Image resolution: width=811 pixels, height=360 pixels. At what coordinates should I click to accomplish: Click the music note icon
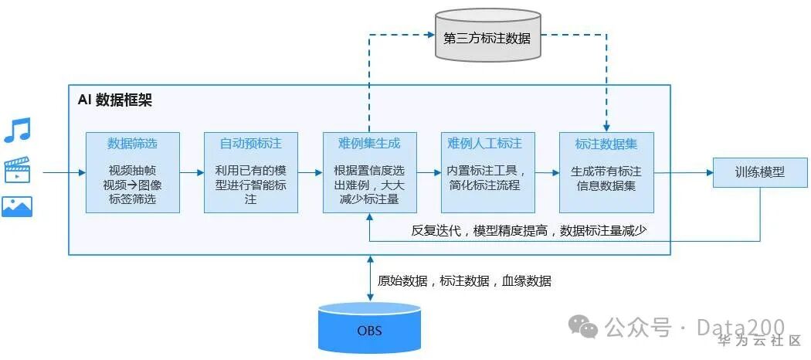pyautogui.click(x=17, y=130)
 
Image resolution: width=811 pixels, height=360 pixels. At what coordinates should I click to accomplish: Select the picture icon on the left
pyautogui.click(x=17, y=206)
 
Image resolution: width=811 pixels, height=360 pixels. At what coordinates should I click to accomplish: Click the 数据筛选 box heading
pyautogui.click(x=132, y=144)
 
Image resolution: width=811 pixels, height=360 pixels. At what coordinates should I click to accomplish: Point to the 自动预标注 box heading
pyautogui.click(x=250, y=144)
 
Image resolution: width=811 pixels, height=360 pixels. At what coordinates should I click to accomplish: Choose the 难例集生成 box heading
pyautogui.click(x=369, y=144)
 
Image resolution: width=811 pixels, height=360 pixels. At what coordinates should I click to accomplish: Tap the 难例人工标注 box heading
pyautogui.click(x=487, y=144)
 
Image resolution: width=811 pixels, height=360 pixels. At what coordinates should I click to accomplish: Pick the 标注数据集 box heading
pyautogui.click(x=606, y=144)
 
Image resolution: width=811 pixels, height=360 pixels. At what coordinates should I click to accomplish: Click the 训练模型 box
pyautogui.click(x=759, y=172)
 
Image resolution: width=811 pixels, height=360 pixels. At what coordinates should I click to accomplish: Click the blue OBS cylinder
pyautogui.click(x=368, y=330)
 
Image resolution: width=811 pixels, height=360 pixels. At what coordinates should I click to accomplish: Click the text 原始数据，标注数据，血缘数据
pyautogui.click(x=463, y=281)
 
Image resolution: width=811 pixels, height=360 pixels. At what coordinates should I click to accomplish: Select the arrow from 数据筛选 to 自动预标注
pyautogui.click(x=192, y=172)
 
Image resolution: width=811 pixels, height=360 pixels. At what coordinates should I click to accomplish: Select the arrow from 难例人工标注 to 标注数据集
pyautogui.click(x=547, y=172)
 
